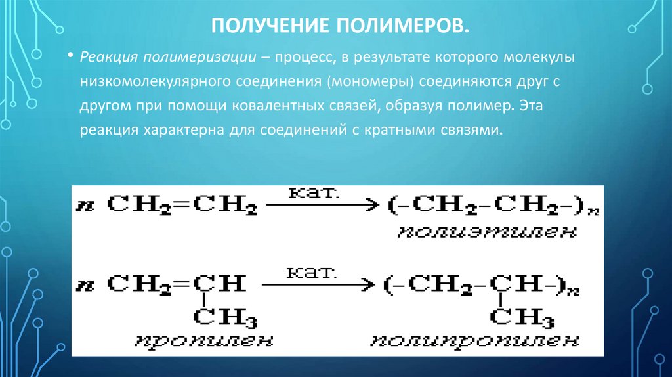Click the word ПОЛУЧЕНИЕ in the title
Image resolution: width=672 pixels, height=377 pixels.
(x=270, y=26)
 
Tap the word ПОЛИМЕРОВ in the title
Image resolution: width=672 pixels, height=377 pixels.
(x=402, y=26)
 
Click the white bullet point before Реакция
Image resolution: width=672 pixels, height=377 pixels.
(x=70, y=56)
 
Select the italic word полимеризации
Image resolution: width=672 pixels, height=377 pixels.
(x=199, y=58)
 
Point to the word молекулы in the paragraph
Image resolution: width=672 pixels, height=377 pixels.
(x=539, y=58)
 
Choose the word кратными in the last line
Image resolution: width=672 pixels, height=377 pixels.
(x=400, y=130)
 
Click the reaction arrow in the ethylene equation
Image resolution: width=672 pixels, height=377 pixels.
(x=322, y=204)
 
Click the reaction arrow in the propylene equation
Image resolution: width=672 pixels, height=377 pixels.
(x=318, y=284)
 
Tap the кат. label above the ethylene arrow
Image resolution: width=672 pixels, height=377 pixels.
(x=313, y=192)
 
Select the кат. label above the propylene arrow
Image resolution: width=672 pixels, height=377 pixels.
(x=311, y=273)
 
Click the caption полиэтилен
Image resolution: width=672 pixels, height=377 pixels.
(x=487, y=233)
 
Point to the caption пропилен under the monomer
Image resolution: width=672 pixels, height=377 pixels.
(x=204, y=340)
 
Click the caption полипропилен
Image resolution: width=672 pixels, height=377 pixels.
(x=474, y=340)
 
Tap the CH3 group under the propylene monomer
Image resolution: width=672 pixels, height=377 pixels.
(x=225, y=317)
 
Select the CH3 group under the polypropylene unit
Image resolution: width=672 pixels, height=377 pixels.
(x=522, y=317)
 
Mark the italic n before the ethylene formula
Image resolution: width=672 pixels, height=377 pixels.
(x=85, y=206)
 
